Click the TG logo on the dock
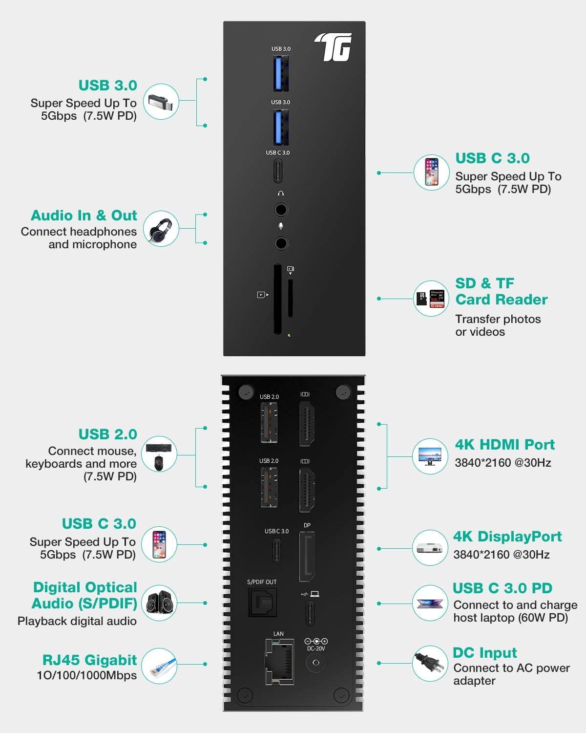[x=334, y=47]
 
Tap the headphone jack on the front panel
[x=281, y=210]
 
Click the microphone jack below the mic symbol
[x=281, y=243]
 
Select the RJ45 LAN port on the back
[x=279, y=662]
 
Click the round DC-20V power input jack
[x=315, y=663]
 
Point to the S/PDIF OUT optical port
[x=263, y=603]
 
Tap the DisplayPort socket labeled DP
[x=307, y=558]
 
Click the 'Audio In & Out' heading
[x=84, y=216]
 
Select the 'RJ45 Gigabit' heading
[x=89, y=660]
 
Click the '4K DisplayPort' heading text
[x=507, y=537]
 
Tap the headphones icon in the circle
[x=161, y=229]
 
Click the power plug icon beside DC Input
[x=430, y=664]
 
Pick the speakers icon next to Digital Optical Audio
[x=159, y=603]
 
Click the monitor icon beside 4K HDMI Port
[x=430, y=456]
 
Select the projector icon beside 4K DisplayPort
[x=430, y=548]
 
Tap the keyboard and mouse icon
[x=159, y=454]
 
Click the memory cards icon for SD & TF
[x=430, y=299]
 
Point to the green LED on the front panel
[x=290, y=335]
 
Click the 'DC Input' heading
[x=484, y=653]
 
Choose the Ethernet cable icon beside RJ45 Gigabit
[x=159, y=666]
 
